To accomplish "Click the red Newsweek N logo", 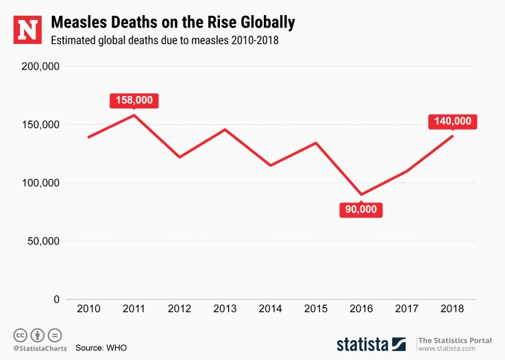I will tap(28, 29).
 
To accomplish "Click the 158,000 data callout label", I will tap(134, 100).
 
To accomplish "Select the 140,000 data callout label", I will tap(452, 121).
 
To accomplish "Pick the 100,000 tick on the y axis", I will tap(42, 183).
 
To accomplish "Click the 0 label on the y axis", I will tap(56, 300).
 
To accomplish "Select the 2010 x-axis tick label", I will tap(88, 309).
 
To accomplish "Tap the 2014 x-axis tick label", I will tap(271, 309).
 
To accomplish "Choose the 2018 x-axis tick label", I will tap(452, 309).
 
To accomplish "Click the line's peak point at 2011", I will tap(134, 115).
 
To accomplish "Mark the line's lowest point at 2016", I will tap(361, 195).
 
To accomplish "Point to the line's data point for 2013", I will tap(225, 130).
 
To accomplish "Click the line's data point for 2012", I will tap(180, 157).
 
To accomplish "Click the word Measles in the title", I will tap(82, 23).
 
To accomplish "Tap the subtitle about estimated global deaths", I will tap(164, 40).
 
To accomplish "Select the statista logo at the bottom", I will tap(363, 344).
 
